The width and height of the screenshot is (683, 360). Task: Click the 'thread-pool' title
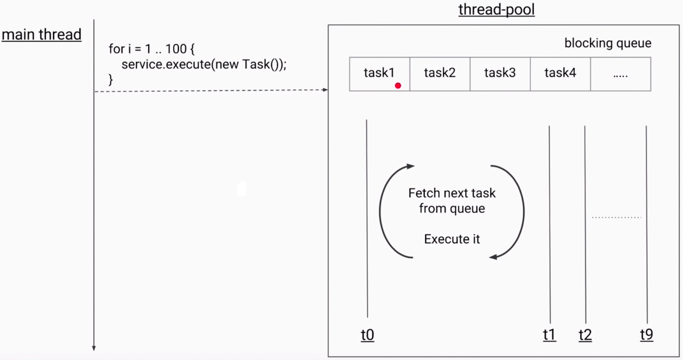click(x=496, y=9)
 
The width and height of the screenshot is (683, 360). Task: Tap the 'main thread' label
click(x=42, y=34)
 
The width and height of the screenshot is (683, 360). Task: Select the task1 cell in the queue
click(x=379, y=74)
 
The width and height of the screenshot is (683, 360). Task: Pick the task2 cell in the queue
click(x=439, y=74)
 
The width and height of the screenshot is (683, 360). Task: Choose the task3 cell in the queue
click(x=500, y=74)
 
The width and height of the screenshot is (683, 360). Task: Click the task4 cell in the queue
click(x=561, y=74)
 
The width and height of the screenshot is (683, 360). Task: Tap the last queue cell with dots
click(x=621, y=74)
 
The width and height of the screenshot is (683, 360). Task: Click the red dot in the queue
click(x=398, y=85)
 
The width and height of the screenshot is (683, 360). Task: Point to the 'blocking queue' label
click(x=608, y=43)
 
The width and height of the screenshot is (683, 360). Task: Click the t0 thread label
click(x=367, y=335)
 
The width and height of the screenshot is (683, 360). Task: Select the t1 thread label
click(x=549, y=335)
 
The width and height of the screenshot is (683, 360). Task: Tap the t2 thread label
click(x=585, y=335)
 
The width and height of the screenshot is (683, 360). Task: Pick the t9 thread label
click(x=646, y=335)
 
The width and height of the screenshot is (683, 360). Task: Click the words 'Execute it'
click(x=452, y=239)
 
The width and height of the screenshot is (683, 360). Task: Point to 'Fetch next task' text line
click(x=452, y=193)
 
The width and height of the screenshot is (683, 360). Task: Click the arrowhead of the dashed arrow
click(x=325, y=90)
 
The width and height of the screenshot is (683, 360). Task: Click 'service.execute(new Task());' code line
click(x=204, y=64)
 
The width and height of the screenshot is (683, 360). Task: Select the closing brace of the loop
click(x=111, y=80)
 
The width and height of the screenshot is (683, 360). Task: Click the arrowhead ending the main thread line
click(x=94, y=348)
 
